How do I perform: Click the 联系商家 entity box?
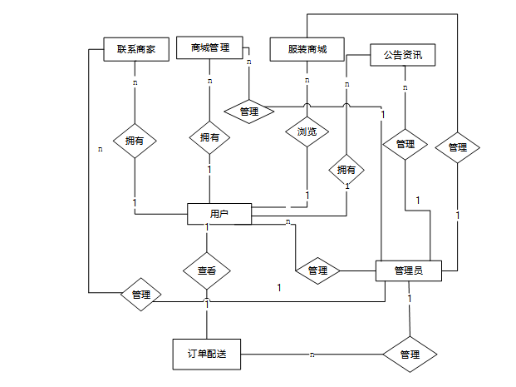(x=136, y=49)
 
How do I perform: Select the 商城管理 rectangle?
(x=209, y=47)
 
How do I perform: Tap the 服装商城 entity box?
(x=307, y=49)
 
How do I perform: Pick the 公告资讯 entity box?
(x=403, y=55)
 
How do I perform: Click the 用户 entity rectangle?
(x=219, y=214)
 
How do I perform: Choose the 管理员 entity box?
(x=409, y=270)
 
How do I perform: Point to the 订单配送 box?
(x=207, y=355)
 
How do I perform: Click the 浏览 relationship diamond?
(x=307, y=131)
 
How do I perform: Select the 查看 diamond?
(x=207, y=271)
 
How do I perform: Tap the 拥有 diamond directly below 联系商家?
(x=135, y=141)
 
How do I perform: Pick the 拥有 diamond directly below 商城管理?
(x=209, y=137)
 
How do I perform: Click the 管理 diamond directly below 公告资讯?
(x=405, y=144)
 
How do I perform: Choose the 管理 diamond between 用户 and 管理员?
(x=317, y=270)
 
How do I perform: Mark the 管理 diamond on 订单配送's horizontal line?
(x=410, y=355)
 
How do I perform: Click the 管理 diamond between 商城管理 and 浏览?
(x=249, y=112)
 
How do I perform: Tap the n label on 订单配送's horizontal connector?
(x=312, y=355)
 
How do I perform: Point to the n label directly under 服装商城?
(x=307, y=80)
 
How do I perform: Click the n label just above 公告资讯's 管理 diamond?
(x=405, y=87)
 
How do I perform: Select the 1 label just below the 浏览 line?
(x=307, y=196)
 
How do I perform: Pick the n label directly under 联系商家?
(x=135, y=82)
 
